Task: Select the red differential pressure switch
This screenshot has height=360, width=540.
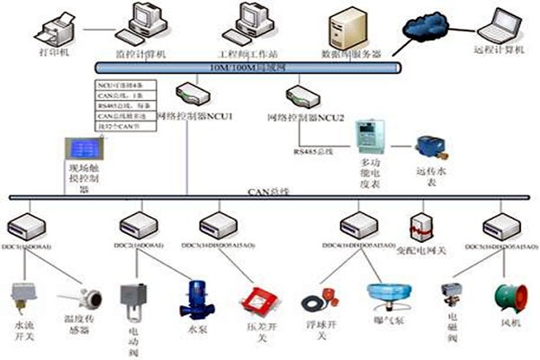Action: pos(261,299)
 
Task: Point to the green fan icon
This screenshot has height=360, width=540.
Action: pos(504,298)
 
